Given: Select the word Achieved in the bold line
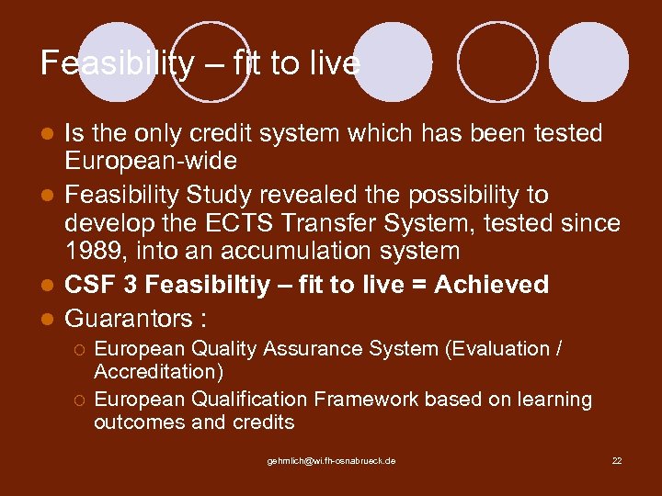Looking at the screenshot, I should click(x=492, y=285).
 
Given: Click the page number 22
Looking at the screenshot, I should click(x=617, y=460).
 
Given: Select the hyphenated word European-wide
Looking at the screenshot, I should click(x=150, y=162).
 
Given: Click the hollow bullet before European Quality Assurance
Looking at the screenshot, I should click(x=81, y=350).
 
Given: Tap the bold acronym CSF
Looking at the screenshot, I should click(x=89, y=285).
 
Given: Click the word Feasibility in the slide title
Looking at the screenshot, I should click(x=118, y=63).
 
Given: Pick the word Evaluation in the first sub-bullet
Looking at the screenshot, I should click(x=503, y=349).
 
